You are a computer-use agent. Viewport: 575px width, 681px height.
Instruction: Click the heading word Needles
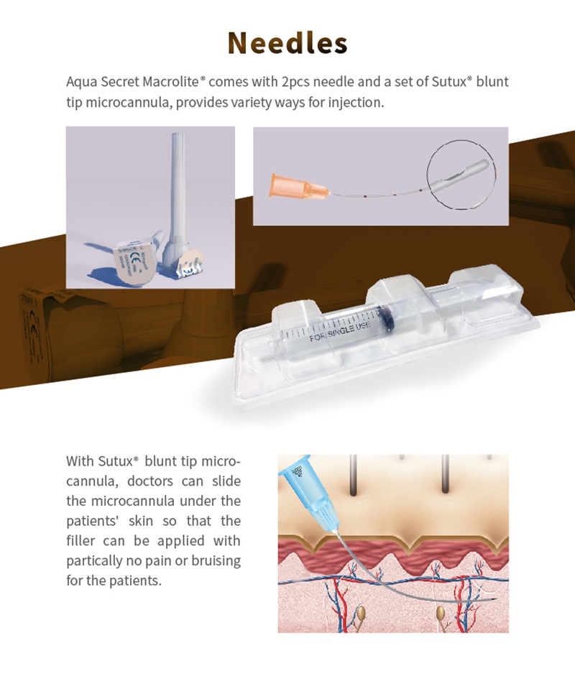287,43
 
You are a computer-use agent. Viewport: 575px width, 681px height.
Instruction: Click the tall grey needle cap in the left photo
178,187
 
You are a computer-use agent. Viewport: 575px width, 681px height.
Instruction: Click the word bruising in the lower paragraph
213,560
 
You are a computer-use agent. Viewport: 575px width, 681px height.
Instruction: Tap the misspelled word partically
96,560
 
